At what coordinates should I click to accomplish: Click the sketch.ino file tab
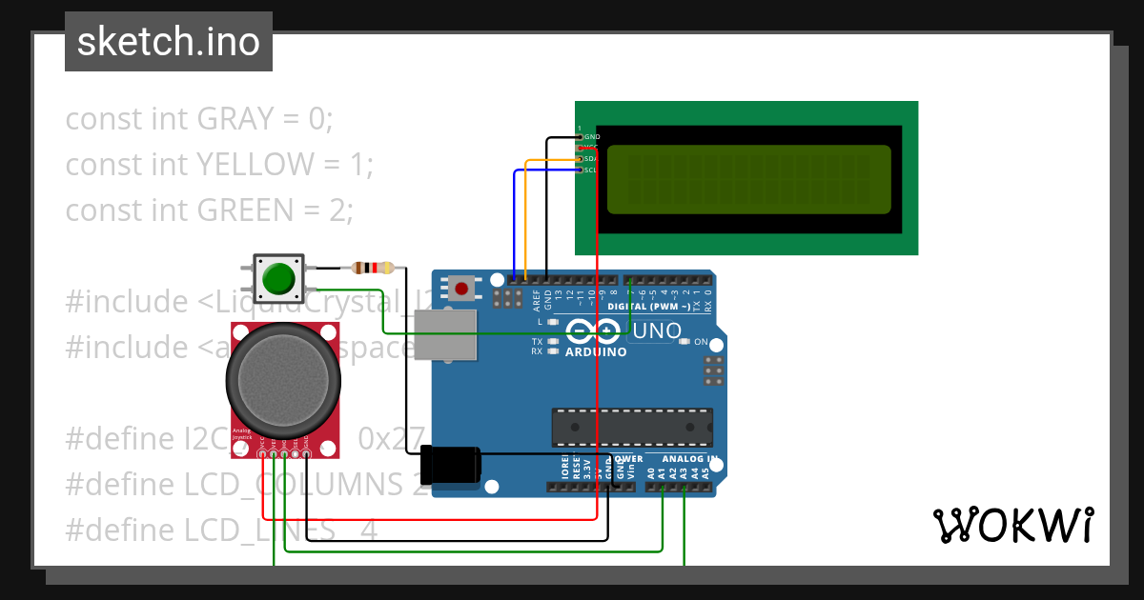(x=169, y=42)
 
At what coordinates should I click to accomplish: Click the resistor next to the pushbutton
(x=374, y=268)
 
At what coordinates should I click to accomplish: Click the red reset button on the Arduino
(x=463, y=288)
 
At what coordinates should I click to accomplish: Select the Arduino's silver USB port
(x=444, y=335)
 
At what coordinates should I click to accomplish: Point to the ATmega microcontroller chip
(x=632, y=428)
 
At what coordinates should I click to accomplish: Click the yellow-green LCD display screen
(x=748, y=179)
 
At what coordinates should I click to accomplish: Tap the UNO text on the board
(x=658, y=331)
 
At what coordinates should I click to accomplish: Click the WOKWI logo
(x=1012, y=525)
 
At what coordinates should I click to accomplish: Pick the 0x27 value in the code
(x=391, y=439)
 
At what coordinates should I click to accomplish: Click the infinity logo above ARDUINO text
(x=595, y=330)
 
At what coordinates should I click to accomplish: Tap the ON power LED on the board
(x=701, y=341)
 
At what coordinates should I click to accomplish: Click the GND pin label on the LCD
(x=591, y=137)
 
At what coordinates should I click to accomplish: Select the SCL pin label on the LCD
(x=590, y=170)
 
